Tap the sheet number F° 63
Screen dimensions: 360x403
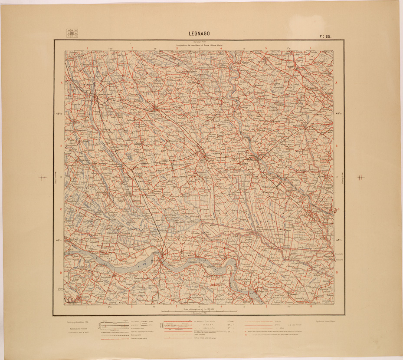click(x=326, y=37)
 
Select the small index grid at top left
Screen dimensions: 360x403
click(x=72, y=33)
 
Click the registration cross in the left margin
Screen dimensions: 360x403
click(x=43, y=177)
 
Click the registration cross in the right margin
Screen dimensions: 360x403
click(x=361, y=177)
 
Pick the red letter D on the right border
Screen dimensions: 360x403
click(x=337, y=273)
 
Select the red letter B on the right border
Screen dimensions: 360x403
click(x=337, y=146)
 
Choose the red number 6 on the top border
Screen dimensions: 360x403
click(x=311, y=48)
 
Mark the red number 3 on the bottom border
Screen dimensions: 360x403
click(x=177, y=307)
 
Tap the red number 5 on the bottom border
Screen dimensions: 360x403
click(x=266, y=307)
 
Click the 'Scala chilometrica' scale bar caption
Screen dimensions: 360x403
click(x=200, y=309)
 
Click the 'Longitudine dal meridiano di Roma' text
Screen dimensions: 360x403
click(x=200, y=45)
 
